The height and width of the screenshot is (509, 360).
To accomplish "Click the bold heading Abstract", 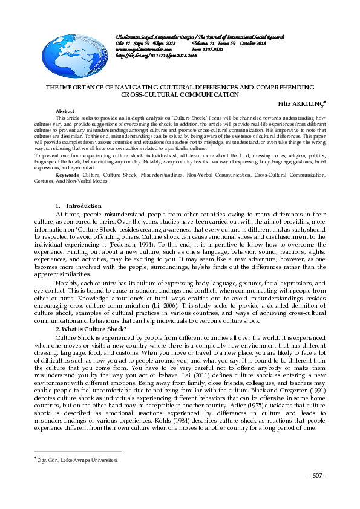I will click(65, 112).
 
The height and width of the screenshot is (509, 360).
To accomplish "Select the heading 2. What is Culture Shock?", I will click(91, 329).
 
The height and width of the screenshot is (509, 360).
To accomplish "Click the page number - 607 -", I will click(316, 476).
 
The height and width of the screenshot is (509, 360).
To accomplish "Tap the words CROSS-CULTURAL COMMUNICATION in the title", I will click(180, 95).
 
